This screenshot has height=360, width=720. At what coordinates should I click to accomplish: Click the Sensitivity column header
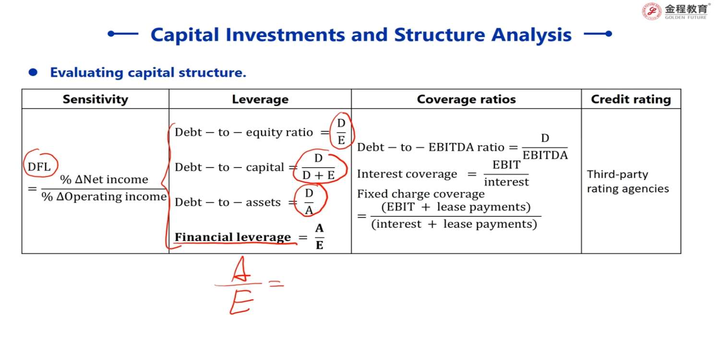pyautogui.click(x=95, y=99)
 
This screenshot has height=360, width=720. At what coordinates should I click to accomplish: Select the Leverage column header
pyautogui.click(x=260, y=99)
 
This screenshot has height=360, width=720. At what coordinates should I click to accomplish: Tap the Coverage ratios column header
pyautogui.click(x=466, y=99)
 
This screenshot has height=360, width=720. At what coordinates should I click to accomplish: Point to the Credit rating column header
pyautogui.click(x=631, y=99)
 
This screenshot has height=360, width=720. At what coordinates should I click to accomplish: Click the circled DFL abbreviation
pyautogui.click(x=39, y=167)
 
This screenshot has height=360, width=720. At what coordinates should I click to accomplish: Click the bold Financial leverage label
pyautogui.click(x=233, y=237)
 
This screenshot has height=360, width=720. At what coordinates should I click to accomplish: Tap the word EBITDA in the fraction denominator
pyautogui.click(x=545, y=155)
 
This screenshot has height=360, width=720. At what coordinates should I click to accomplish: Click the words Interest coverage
pyautogui.click(x=407, y=174)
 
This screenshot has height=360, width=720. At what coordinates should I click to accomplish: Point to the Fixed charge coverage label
pyautogui.click(x=421, y=194)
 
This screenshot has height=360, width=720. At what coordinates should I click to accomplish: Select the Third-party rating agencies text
pyautogui.click(x=628, y=181)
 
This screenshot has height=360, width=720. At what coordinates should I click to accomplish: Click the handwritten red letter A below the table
pyautogui.click(x=241, y=269)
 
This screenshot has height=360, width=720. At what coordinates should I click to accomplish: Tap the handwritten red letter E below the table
pyautogui.click(x=241, y=301)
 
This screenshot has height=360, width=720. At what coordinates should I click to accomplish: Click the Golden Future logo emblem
pyautogui.click(x=651, y=11)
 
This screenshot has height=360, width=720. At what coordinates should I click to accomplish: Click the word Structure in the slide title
pyautogui.click(x=439, y=35)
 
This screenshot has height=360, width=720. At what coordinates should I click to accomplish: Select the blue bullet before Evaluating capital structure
pyautogui.click(x=33, y=72)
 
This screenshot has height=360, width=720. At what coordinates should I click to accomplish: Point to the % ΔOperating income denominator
pyautogui.click(x=104, y=196)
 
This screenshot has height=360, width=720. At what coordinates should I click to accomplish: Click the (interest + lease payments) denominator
pyautogui.click(x=454, y=224)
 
